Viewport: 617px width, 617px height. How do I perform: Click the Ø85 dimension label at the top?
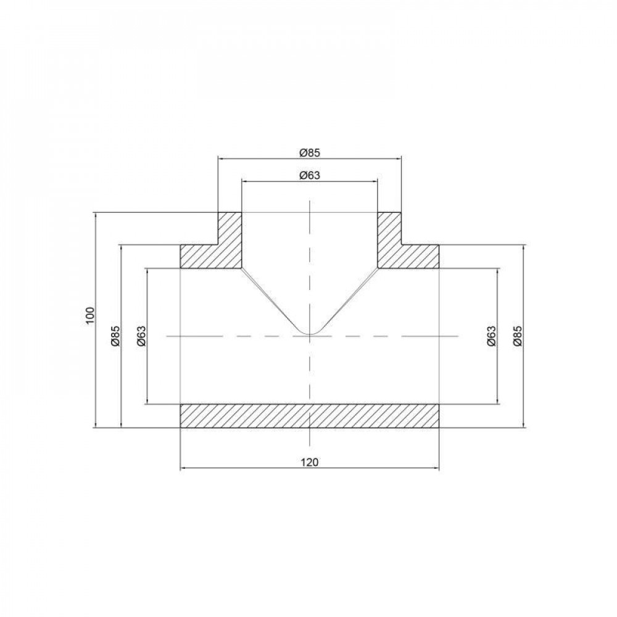point(310,152)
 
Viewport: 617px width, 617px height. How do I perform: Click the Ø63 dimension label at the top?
point(309,175)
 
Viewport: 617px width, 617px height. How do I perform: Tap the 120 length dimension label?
point(310,462)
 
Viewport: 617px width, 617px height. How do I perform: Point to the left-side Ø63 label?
point(141,336)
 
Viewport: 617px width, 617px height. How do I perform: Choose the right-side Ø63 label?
point(491,336)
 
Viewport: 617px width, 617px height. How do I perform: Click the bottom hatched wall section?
point(310,415)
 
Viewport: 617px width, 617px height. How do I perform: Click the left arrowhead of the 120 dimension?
point(183,468)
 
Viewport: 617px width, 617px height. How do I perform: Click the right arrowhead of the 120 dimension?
point(437,468)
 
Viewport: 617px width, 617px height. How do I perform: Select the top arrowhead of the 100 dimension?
point(96,215)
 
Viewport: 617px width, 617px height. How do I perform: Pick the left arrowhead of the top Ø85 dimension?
point(221,158)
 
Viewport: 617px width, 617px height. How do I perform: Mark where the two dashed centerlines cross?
point(310,336)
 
